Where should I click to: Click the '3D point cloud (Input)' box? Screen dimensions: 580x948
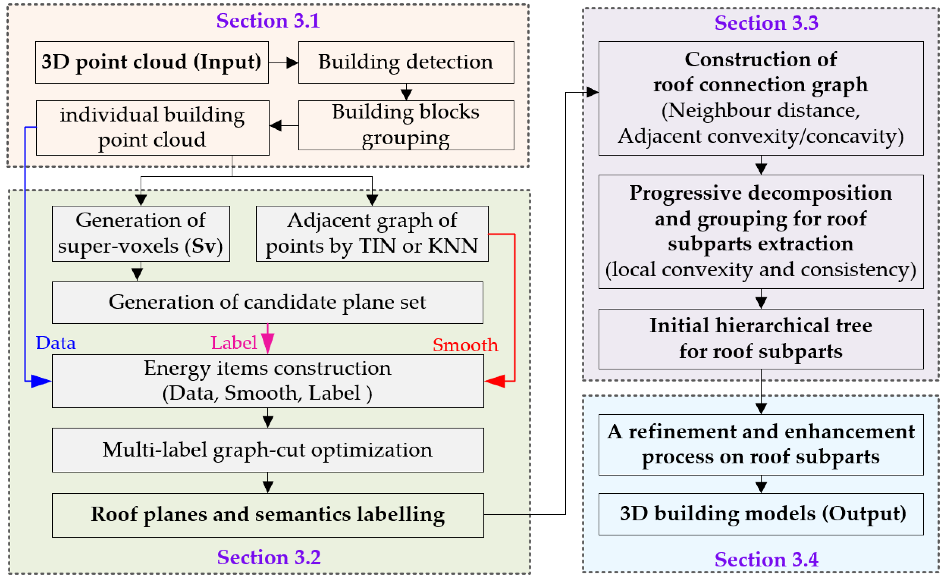point(152,62)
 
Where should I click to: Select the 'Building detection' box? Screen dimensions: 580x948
point(406,62)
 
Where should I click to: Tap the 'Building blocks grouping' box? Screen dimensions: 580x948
point(406,125)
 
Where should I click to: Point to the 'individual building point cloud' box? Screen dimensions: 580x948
point(152,128)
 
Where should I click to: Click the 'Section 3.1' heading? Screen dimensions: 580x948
point(268,21)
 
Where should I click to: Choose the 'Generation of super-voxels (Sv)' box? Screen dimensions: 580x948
point(141,233)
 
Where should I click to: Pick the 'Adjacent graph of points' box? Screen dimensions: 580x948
point(372,233)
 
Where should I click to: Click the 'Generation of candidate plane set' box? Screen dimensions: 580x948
point(267,302)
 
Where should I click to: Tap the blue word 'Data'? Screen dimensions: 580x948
point(55,343)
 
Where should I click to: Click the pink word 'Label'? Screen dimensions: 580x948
point(233,343)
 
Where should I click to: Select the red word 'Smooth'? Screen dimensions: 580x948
point(465,345)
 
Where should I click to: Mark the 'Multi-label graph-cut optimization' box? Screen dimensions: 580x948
point(267,450)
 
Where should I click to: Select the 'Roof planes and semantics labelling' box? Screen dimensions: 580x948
point(267,515)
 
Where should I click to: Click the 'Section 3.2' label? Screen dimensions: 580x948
point(269,557)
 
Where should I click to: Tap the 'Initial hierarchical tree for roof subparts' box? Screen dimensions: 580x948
point(761,339)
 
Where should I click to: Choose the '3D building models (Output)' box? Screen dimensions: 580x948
point(761,514)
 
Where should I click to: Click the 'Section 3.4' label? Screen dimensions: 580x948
point(766,559)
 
